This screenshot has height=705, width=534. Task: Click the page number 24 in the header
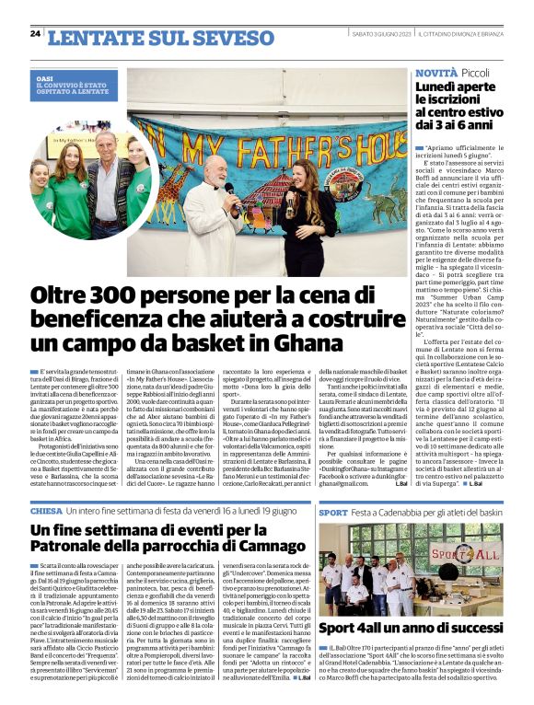(35, 34)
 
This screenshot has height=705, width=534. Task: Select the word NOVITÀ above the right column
(435, 72)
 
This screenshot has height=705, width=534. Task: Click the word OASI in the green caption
(45, 80)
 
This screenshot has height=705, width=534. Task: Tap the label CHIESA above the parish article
(46, 509)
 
